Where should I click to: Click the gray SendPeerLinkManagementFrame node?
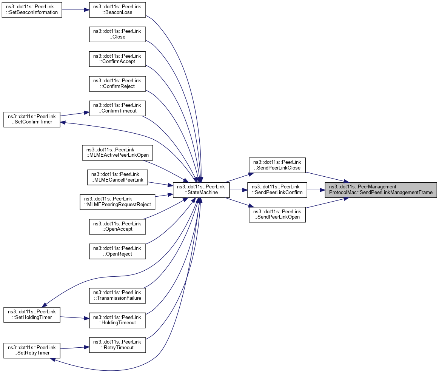381,190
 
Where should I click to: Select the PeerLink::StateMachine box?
201,190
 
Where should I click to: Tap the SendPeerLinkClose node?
277,165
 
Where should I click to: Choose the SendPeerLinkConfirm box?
277,190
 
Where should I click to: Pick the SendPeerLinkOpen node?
277,214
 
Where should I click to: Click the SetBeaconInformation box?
32,9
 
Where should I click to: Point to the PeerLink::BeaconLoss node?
117,9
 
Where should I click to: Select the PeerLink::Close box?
117,34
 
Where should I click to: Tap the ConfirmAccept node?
117,59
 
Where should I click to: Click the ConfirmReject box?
117,83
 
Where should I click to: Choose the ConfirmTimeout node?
117,108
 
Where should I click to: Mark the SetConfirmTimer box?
32,119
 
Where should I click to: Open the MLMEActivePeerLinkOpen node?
117,153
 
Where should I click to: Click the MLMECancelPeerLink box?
117,177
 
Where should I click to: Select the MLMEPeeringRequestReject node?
117,202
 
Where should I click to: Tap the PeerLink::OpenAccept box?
117,227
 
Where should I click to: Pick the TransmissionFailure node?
117,296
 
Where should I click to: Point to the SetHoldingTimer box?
32,314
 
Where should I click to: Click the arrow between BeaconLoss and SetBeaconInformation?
75,9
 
